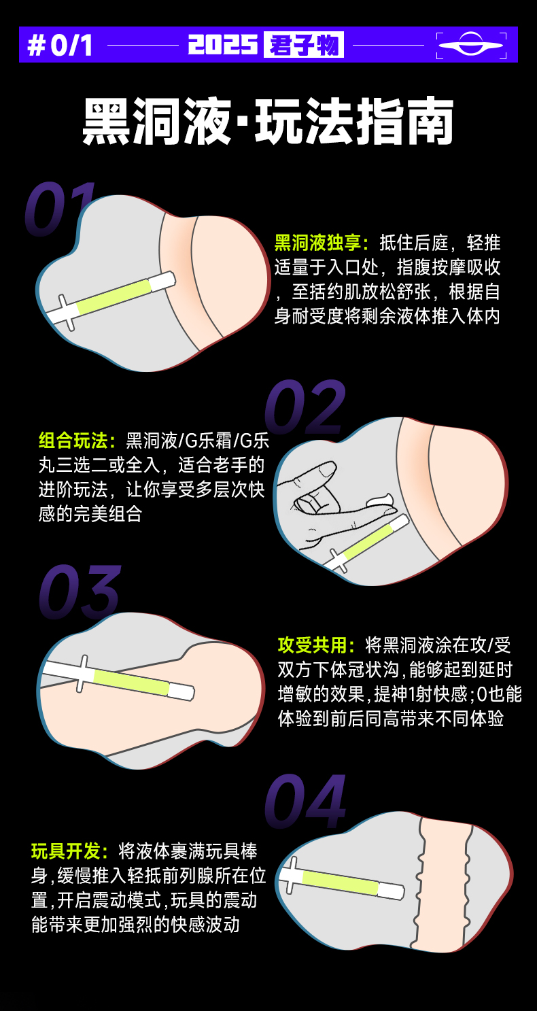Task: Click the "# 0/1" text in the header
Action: click(60, 45)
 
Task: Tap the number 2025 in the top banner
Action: click(222, 45)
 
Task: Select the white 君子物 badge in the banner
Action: click(304, 45)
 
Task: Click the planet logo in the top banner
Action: click(471, 45)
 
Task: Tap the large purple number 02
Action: click(305, 407)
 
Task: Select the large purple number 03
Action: click(80, 592)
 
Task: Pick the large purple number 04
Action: click(305, 801)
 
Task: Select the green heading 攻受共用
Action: click(316, 645)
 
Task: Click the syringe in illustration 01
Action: click(111, 298)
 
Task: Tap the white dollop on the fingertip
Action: click(379, 500)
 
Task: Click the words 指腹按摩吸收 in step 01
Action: click(449, 267)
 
